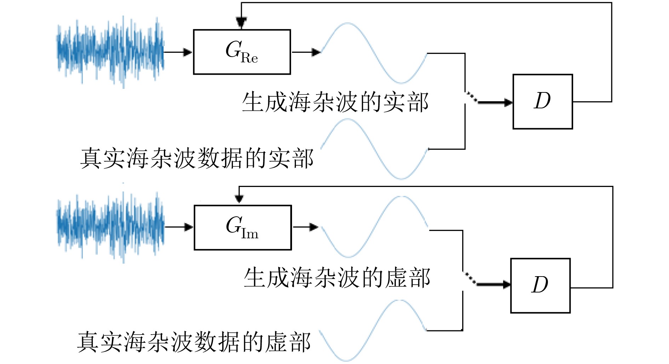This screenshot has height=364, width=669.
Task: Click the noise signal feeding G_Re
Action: click(x=110, y=52)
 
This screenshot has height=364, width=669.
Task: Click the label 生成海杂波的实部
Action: click(x=335, y=102)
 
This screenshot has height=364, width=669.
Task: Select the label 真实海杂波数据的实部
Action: click(x=197, y=158)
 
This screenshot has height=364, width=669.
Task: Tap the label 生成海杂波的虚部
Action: click(x=337, y=278)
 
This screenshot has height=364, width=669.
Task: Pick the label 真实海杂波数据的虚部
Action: click(x=194, y=342)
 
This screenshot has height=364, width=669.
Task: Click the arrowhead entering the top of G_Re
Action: click(x=241, y=23)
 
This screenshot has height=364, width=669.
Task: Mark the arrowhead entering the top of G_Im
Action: click(x=239, y=199)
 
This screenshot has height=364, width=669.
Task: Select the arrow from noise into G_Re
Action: click(x=178, y=52)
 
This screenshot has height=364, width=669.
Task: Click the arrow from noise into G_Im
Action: click(x=179, y=227)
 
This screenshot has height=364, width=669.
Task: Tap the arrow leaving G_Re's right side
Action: click(x=306, y=52)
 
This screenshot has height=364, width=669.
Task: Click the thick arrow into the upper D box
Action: click(x=495, y=103)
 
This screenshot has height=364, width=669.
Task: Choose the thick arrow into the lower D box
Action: click(x=493, y=284)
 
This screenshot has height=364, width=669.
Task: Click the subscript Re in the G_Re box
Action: click(x=249, y=58)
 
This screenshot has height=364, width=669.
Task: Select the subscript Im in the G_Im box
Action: click(x=250, y=234)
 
